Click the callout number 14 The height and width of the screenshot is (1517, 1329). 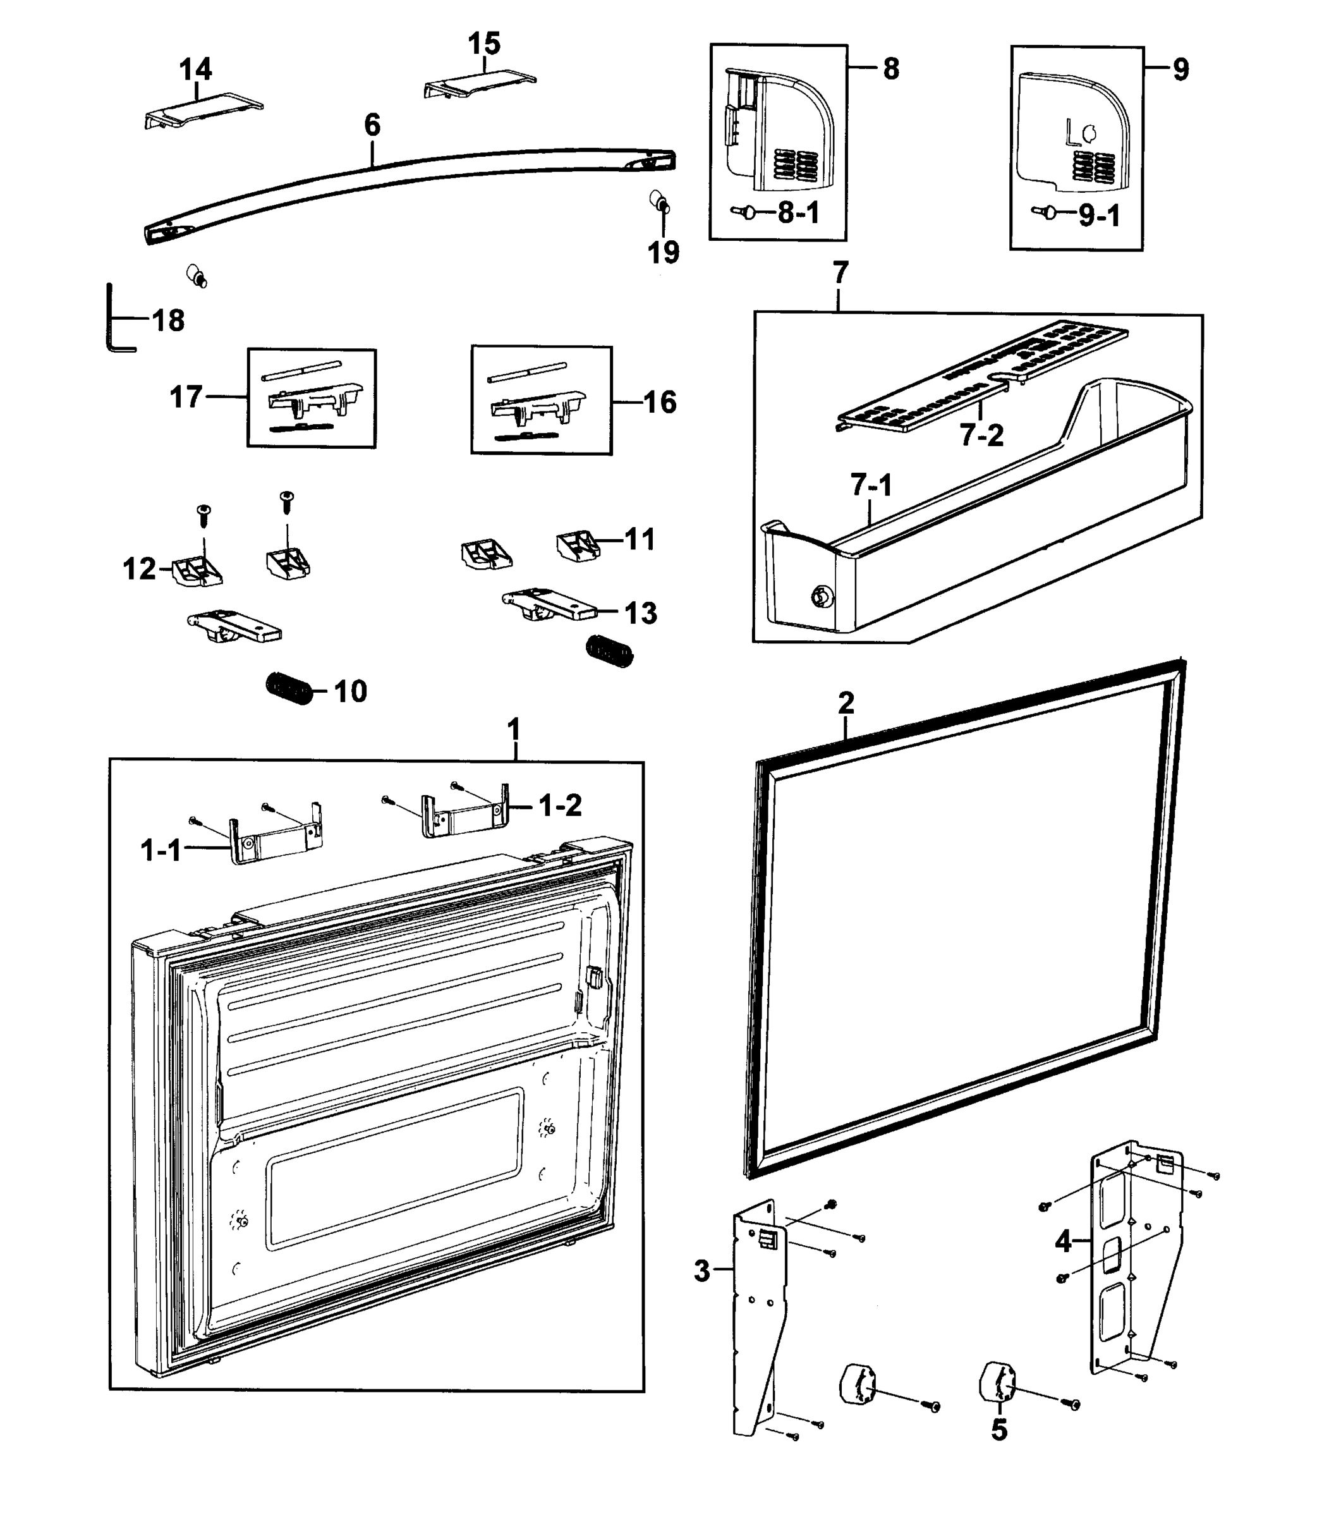196,70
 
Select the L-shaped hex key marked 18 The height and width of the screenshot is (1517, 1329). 111,319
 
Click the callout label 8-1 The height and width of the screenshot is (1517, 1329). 798,214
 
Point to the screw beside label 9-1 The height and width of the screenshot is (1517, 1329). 1047,212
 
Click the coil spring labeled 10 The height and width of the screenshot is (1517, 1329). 289,688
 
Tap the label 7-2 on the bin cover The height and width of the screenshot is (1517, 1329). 981,436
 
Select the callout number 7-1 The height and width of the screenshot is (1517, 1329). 871,485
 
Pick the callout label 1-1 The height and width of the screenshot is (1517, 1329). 161,850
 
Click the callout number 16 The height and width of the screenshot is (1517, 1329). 659,403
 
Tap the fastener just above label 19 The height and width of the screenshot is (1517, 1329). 658,201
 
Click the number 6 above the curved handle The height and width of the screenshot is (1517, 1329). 372,125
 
